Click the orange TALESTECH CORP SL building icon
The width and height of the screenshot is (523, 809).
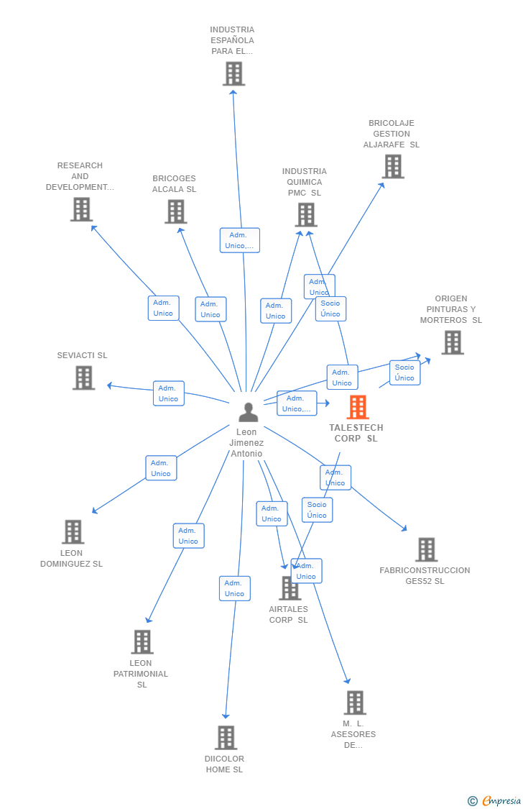coord(357,407)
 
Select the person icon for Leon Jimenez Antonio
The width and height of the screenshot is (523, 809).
coord(248,412)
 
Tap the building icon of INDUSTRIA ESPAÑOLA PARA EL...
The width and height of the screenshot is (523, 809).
coord(233,73)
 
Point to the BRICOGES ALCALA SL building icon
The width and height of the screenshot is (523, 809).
coord(175,211)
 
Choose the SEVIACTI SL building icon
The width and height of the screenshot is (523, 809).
coord(83,378)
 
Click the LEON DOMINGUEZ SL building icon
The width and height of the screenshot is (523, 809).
coord(73,532)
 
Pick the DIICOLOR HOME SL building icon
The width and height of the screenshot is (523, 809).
coord(226,738)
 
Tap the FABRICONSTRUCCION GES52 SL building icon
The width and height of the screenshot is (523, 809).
coord(426,549)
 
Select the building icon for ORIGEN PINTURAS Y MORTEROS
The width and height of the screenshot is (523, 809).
coord(452,342)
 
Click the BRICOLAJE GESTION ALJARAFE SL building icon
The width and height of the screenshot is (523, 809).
coord(392,166)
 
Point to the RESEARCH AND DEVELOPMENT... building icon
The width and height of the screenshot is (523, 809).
coord(81,209)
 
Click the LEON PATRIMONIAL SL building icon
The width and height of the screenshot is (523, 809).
coord(142,642)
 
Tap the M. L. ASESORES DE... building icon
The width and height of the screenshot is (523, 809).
coord(354,703)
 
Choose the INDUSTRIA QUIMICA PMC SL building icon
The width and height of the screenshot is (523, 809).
coord(305,214)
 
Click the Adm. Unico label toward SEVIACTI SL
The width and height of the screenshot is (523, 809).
coord(168,393)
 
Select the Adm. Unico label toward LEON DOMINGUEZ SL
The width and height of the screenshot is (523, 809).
coord(161,468)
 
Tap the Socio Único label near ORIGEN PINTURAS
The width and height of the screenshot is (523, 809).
coord(404,372)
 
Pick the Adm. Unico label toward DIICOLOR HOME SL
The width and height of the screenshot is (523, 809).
coord(234,588)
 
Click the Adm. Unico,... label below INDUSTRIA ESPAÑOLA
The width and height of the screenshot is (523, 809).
coord(239,240)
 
